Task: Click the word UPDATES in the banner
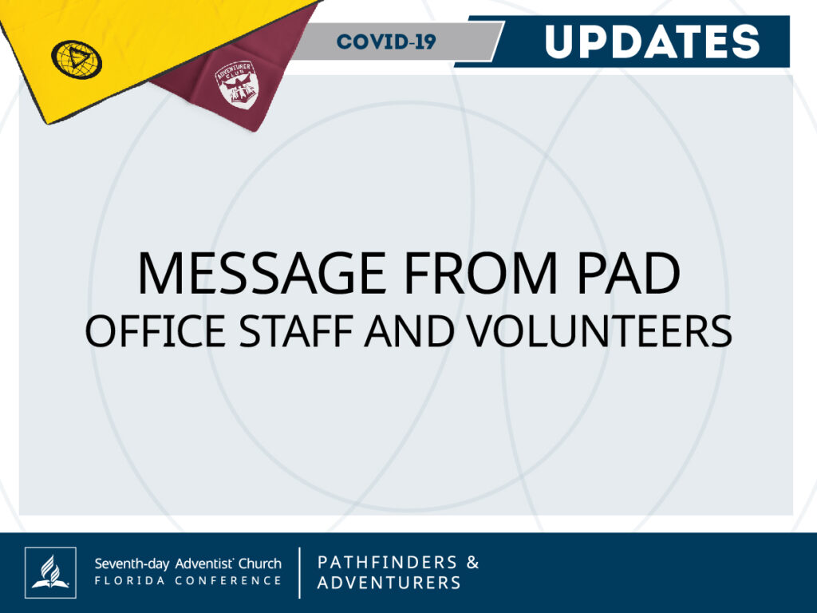pyautogui.click(x=652, y=42)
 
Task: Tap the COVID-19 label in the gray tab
pyautogui.click(x=386, y=42)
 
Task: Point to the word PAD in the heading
pyautogui.click(x=629, y=273)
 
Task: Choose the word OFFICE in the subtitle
pyautogui.click(x=156, y=331)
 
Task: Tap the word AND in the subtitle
pyautogui.click(x=409, y=331)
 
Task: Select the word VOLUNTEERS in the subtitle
pyautogui.click(x=599, y=331)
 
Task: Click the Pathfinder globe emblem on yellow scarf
pyautogui.click(x=77, y=59)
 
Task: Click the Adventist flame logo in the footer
pyautogui.click(x=50, y=572)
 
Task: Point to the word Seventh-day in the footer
pyautogui.click(x=132, y=564)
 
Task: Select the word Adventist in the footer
pyautogui.click(x=204, y=564)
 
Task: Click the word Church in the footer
pyautogui.click(x=260, y=564)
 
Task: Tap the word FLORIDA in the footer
pyautogui.click(x=130, y=581)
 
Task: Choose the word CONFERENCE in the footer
pyautogui.click(x=228, y=581)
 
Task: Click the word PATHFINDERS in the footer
pyautogui.click(x=387, y=563)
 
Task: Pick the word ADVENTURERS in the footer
pyautogui.click(x=389, y=583)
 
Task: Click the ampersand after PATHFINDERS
pyautogui.click(x=472, y=563)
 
